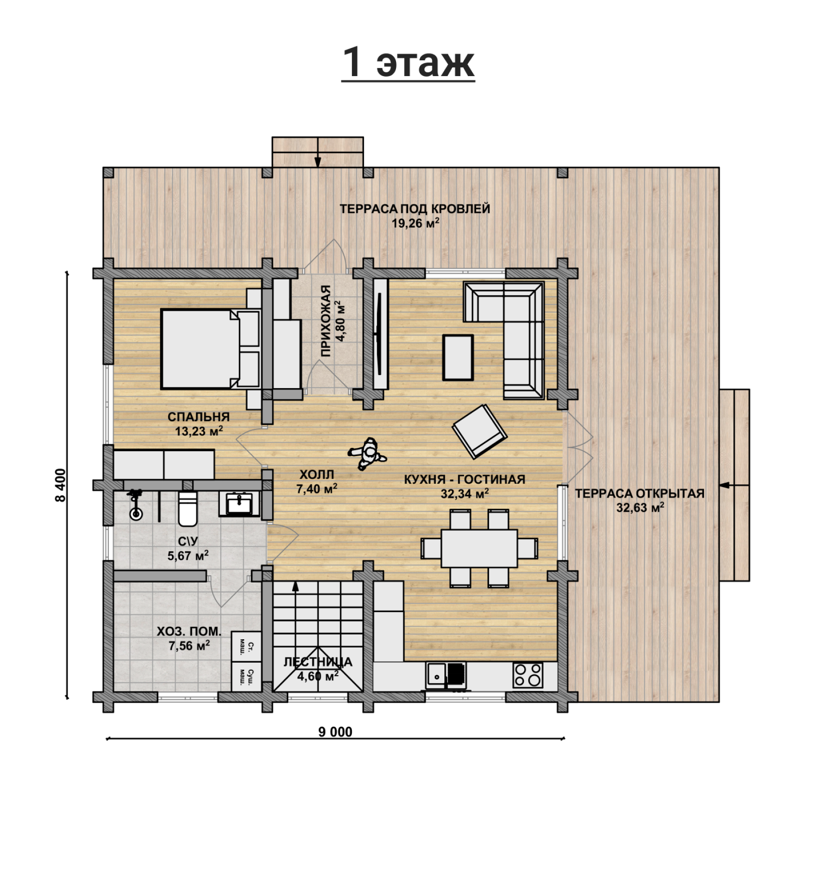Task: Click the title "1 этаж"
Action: [408, 62]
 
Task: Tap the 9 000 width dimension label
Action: [335, 732]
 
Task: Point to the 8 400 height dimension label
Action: [61, 485]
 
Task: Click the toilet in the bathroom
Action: [187, 508]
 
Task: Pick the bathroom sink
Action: [239, 504]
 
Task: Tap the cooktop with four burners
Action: [528, 675]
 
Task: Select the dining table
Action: [479, 548]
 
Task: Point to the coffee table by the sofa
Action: [458, 357]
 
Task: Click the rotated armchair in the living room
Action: [479, 431]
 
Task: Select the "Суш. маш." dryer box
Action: [246, 677]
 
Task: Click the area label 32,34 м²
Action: [465, 493]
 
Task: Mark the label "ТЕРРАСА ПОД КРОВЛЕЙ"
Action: [415, 209]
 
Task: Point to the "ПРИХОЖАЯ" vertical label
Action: [326, 321]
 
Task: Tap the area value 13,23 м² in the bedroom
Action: [199, 431]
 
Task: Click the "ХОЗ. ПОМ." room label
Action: [189, 632]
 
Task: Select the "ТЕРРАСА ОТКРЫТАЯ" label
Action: [640, 493]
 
